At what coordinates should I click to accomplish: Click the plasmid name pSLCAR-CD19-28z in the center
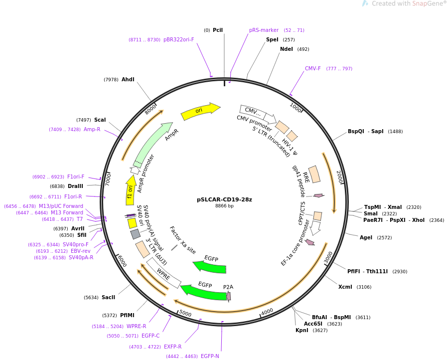tap(224, 199)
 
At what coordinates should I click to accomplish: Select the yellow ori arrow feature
tap(201, 111)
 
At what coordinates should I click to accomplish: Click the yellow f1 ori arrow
tap(131, 190)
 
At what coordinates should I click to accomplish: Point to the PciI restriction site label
tap(218, 30)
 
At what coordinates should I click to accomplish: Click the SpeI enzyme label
tap(272, 40)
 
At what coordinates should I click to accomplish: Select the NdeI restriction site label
tap(286, 49)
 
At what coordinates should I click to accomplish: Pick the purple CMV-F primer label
tap(313, 68)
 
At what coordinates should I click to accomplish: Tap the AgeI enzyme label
tap(366, 238)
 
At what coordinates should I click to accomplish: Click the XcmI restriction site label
tap(345, 287)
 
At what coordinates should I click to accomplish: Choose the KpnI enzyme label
tap(302, 331)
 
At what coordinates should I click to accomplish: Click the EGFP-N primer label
tap(210, 356)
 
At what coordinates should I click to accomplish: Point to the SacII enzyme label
tap(108, 297)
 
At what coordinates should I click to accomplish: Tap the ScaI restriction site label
tap(100, 120)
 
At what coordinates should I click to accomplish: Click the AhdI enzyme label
tap(128, 79)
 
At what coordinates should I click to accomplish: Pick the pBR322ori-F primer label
tap(179, 40)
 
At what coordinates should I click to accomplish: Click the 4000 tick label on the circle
tap(267, 312)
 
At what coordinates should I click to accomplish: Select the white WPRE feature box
tap(163, 274)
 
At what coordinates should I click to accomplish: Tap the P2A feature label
tap(228, 287)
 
